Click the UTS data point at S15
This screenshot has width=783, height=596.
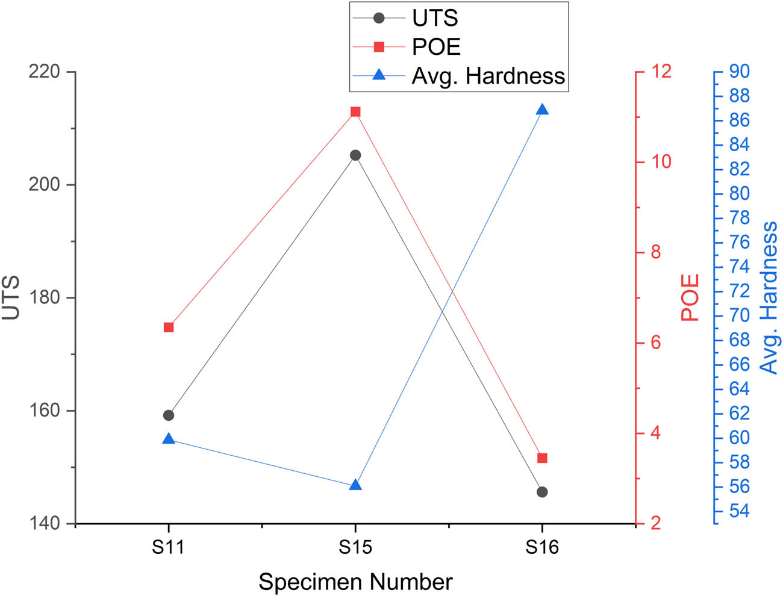coord(355,155)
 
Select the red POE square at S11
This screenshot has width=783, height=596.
coord(169,327)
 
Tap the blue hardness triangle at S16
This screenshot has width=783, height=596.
coord(542,110)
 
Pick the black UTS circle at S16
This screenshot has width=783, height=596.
coord(542,492)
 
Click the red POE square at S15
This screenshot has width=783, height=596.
coord(355,112)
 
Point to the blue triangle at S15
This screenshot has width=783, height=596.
coord(355,485)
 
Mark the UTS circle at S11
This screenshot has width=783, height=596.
coord(169,415)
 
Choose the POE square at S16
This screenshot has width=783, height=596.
coord(542,458)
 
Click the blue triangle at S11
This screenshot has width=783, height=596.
coord(169,439)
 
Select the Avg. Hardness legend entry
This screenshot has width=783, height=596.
coord(488,76)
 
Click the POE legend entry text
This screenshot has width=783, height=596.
coord(436,47)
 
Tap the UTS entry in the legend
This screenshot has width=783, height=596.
coord(435,18)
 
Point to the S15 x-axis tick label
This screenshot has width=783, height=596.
coord(355,547)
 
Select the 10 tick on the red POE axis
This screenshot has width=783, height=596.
coord(661,161)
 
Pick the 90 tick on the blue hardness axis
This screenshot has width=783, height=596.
coord(739,72)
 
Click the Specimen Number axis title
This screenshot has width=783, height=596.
coord(355,582)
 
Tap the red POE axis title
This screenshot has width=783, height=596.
coord(690,297)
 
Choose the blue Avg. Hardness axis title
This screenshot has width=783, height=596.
coord(769,297)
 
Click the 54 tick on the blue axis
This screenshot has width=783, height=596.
coord(739,511)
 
